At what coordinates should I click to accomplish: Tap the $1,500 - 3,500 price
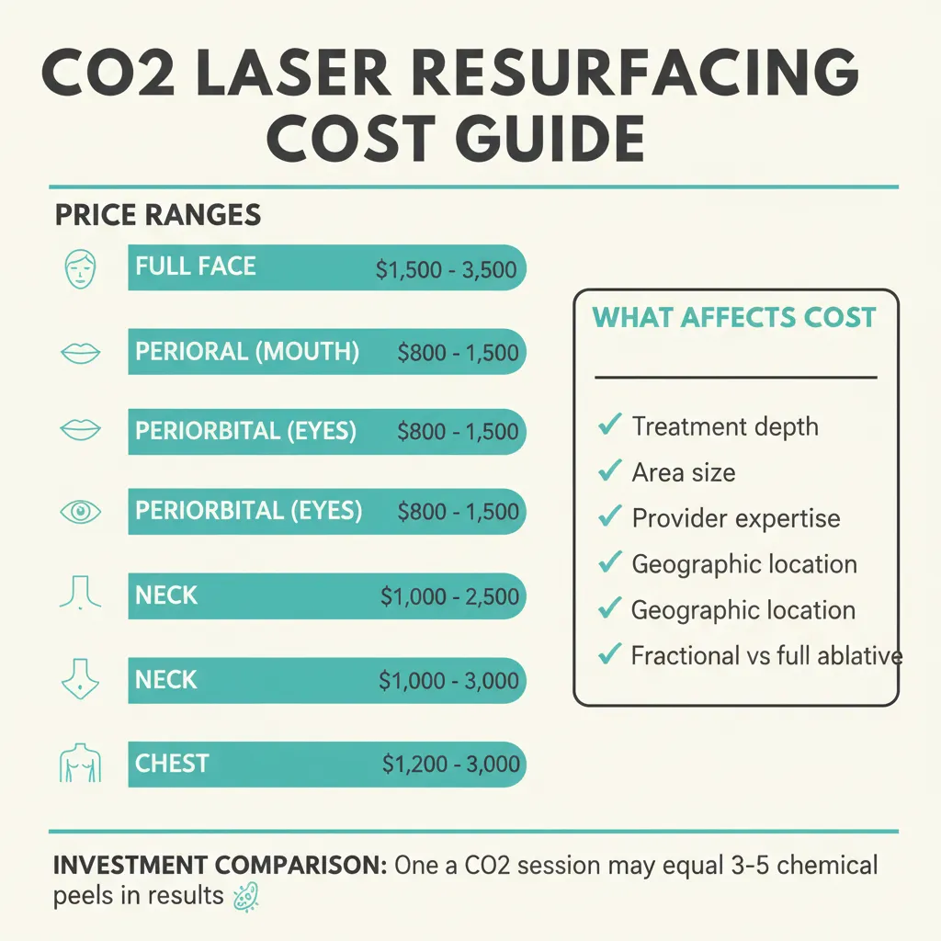[446, 270]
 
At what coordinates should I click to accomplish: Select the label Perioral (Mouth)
[247, 352]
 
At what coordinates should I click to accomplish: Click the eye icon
[79, 512]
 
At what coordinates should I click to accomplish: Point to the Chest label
[172, 764]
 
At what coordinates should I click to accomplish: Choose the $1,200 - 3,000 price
[450, 765]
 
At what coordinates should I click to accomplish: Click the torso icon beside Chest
[79, 765]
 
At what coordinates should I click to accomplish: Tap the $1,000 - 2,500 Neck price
[449, 596]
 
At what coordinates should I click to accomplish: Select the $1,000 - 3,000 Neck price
[448, 681]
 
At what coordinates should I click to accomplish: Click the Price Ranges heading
[158, 215]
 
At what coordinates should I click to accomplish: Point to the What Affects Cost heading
[733, 318]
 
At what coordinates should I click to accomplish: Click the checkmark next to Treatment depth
[607, 425]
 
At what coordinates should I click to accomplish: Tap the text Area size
[683, 472]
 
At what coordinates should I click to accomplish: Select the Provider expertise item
[735, 518]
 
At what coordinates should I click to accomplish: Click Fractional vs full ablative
[766, 655]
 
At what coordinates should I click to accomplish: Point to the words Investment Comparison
[218, 866]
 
